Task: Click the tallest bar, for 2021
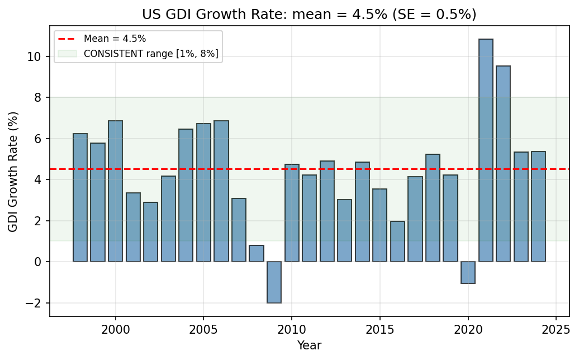[x=486, y=150]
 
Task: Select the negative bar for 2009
[x=274, y=282]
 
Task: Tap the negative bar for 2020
[x=468, y=273]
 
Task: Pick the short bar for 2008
[x=257, y=254]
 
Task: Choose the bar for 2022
[x=503, y=164]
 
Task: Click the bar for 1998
[x=80, y=198]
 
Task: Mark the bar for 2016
[x=397, y=241]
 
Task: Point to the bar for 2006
[x=221, y=191]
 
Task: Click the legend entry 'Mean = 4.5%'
[x=115, y=39]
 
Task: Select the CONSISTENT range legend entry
[x=151, y=54]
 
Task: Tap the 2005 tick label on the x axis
[x=203, y=328]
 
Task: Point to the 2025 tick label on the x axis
[x=556, y=328]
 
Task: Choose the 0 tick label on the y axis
[x=39, y=262]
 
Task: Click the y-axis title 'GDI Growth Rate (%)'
[x=13, y=172]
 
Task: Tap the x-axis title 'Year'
[x=309, y=345]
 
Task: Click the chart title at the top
[x=309, y=14]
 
